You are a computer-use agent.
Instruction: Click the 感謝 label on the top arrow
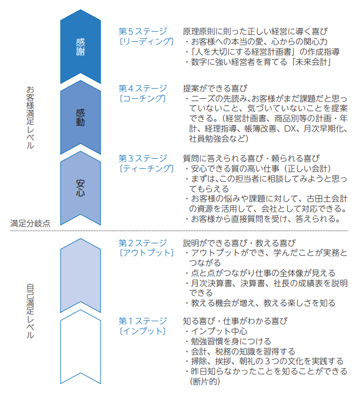80,47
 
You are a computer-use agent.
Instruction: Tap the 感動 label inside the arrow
80,117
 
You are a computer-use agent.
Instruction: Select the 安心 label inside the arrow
80,188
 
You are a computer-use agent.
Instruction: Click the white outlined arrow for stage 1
80,347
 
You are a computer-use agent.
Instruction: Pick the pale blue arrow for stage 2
80,276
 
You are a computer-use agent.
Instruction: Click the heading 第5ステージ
143,31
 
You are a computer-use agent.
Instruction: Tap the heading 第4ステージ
143,89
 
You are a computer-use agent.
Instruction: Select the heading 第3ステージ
143,159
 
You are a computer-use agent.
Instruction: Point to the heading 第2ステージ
143,243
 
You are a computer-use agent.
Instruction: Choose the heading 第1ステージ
143,321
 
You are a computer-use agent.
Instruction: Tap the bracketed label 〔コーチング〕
142,98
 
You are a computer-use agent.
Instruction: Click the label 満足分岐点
31,224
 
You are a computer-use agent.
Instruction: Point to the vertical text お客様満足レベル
31,117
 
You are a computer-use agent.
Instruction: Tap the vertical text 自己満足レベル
31,311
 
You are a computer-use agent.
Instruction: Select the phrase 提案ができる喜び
215,89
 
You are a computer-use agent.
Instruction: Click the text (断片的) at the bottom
205,382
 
